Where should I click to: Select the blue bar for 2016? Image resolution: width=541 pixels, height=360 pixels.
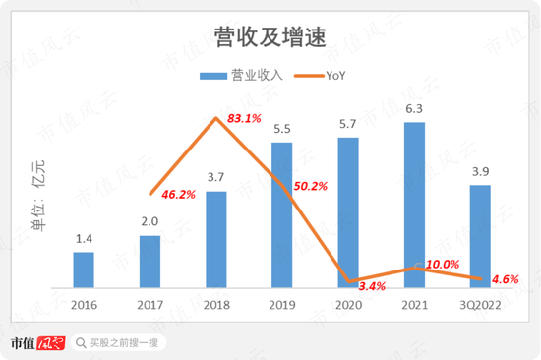(84, 270)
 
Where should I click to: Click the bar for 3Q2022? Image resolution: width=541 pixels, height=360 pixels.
(480, 236)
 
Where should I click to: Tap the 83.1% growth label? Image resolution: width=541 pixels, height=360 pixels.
(244, 119)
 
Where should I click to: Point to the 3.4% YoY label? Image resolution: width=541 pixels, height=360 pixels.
(372, 286)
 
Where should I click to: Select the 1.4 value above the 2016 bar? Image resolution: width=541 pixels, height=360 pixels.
(84, 239)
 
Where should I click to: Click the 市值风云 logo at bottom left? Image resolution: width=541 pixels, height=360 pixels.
(38, 342)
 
